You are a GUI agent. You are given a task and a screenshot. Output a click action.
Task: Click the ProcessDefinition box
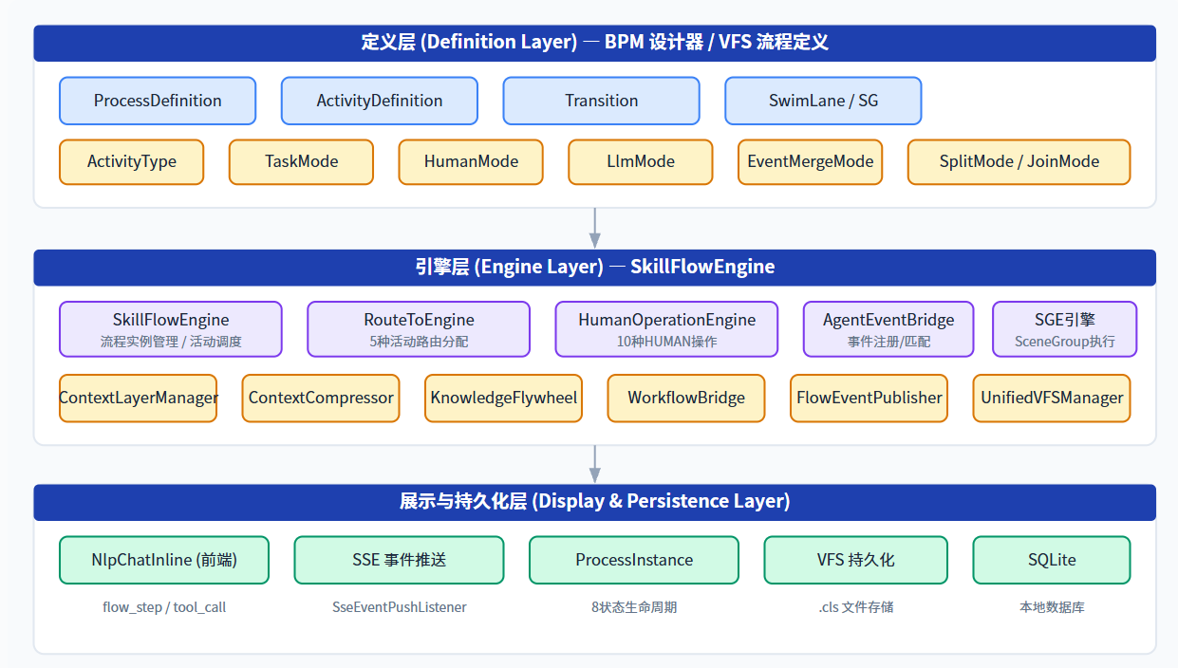pos(158,101)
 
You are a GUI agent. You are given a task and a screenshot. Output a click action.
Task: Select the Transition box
pos(601,101)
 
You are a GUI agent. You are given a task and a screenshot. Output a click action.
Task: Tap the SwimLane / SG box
pos(823,101)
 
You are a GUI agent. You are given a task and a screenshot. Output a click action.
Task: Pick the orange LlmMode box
pos(641,162)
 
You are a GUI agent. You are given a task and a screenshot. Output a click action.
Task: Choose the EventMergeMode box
pos(810,162)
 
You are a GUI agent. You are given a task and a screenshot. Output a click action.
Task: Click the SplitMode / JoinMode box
pos(1019,162)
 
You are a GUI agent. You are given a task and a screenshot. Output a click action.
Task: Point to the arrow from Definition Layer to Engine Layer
pos(595,228)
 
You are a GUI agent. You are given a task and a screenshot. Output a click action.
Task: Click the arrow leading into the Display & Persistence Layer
pos(595,465)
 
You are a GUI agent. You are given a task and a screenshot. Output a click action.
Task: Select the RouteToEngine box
pos(419,329)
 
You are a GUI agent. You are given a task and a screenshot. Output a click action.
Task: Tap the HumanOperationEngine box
pos(666,329)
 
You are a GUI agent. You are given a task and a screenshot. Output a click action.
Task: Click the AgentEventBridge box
pos(888,329)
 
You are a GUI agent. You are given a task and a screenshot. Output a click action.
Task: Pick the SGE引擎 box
pos(1064,329)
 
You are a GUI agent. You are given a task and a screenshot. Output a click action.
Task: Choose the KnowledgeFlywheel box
pos(503,399)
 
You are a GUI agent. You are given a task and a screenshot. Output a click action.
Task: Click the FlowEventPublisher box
pos(869,399)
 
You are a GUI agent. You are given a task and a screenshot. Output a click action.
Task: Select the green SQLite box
pos(1051,560)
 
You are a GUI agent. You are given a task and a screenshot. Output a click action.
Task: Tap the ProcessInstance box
pos(634,560)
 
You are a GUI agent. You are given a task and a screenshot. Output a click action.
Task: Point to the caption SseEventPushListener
pos(399,607)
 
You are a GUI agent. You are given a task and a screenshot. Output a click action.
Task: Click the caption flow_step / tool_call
pos(164,607)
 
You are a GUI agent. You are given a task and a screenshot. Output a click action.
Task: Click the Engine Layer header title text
pos(595,267)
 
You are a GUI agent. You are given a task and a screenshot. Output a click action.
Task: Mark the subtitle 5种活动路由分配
pos(419,342)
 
